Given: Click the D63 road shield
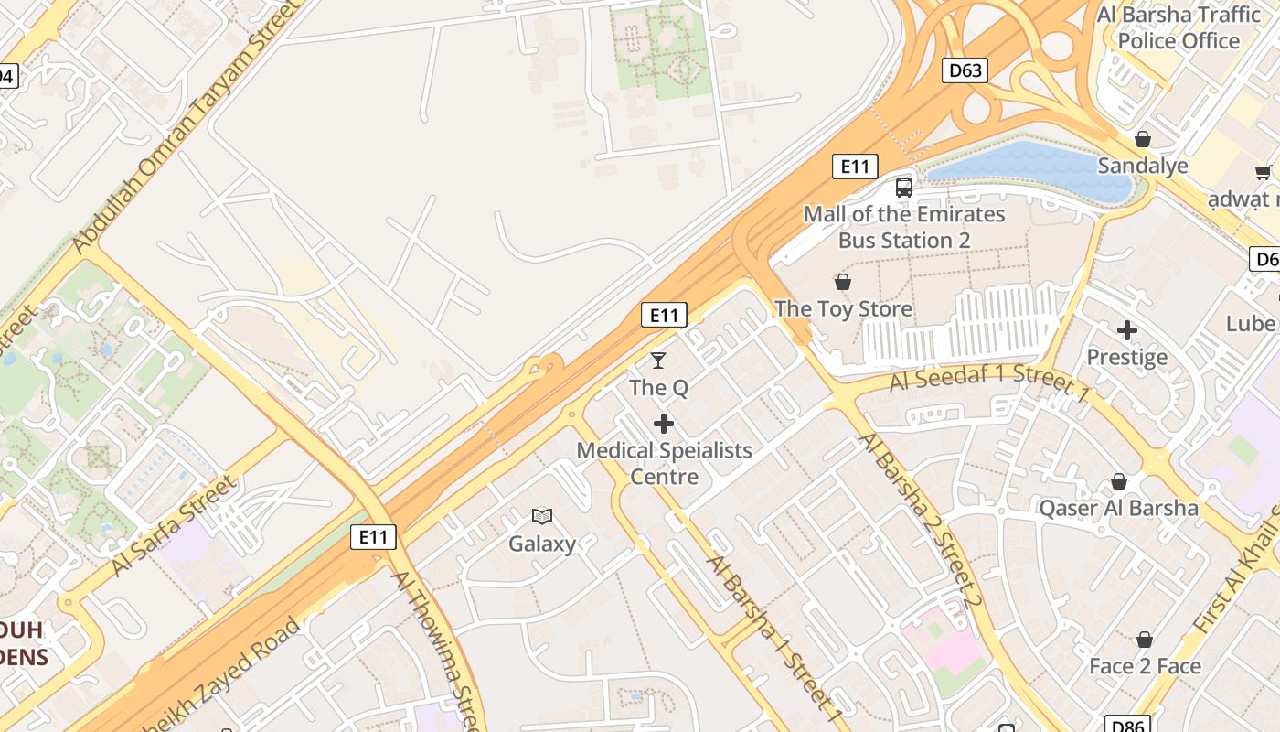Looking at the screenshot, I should pyautogui.click(x=965, y=70).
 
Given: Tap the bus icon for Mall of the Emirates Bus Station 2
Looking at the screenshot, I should pyautogui.click(x=904, y=188).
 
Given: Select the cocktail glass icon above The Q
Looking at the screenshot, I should pyautogui.click(x=658, y=361).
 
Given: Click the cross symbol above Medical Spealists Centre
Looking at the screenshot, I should pyautogui.click(x=664, y=424).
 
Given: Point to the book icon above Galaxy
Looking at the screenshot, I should pyautogui.click(x=542, y=517).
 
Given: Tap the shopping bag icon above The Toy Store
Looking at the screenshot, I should pyautogui.click(x=842, y=282).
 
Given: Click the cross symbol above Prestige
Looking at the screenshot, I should pyautogui.click(x=1126, y=329).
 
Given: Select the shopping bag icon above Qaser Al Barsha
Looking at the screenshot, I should pyautogui.click(x=1118, y=481).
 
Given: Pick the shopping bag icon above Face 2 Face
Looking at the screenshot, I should pyautogui.click(x=1144, y=640).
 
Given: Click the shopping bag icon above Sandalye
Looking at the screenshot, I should pyautogui.click(x=1142, y=139).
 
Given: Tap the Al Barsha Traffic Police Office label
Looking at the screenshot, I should pyautogui.click(x=1179, y=27).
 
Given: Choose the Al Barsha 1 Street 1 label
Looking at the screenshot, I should pyautogui.click(x=775, y=634).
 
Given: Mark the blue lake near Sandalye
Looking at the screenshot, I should pyautogui.click(x=1033, y=169).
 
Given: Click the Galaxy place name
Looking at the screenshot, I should pyautogui.click(x=542, y=544).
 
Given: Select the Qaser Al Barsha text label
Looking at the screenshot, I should pyautogui.click(x=1118, y=508).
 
